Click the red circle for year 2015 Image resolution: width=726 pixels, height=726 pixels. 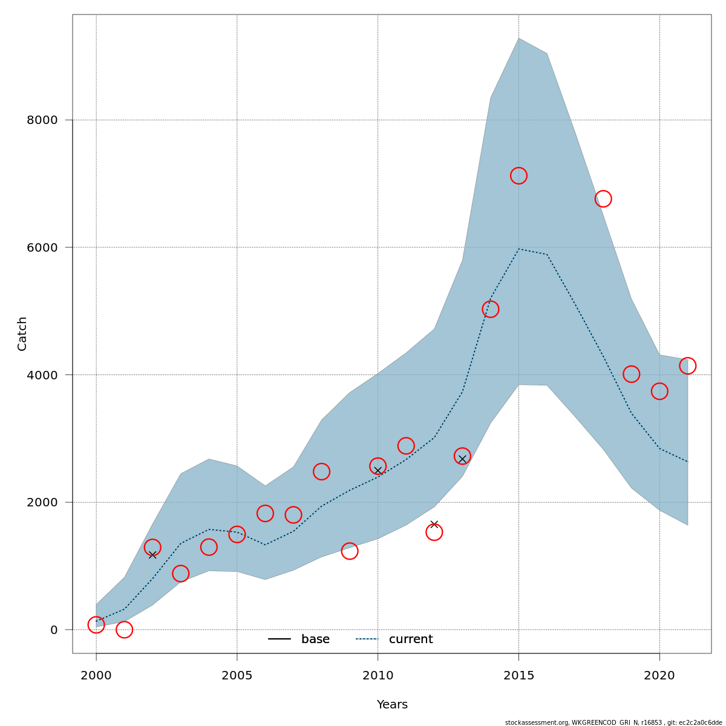point(518,175)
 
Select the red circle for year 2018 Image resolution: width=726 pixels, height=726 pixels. point(603,198)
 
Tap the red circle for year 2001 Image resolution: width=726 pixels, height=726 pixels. point(124,630)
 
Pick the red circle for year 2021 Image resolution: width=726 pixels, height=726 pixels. point(687,365)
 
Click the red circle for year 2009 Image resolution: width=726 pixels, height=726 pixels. point(350,551)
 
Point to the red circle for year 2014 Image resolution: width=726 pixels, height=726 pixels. point(491,309)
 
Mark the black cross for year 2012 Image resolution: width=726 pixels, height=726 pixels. point(434,525)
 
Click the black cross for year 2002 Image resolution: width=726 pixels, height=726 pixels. point(152,555)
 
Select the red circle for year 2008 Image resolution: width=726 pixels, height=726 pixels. point(321,471)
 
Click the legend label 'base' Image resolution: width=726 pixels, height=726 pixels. point(315,639)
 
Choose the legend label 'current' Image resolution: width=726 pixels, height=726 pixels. point(411,639)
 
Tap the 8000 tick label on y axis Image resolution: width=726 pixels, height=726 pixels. point(42,120)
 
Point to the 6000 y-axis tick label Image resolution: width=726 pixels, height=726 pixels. point(42,247)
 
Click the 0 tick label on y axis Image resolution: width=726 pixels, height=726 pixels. point(54,630)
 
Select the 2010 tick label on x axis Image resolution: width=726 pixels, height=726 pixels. point(378,676)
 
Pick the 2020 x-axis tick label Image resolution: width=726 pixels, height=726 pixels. point(659,676)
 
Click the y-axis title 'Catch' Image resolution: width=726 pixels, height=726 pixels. point(22,333)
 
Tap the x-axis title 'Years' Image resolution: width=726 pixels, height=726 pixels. point(392,705)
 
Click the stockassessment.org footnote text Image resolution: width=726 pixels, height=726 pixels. point(613,722)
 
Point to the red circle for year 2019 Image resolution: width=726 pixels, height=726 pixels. point(632,374)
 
